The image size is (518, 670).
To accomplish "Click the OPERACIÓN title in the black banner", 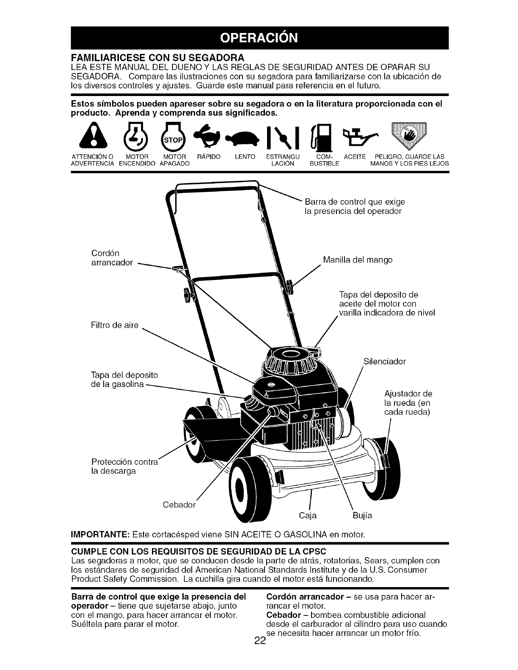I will tap(259, 38).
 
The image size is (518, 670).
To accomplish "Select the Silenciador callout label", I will tap(385, 362).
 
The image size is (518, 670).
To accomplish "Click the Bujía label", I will tap(363, 516).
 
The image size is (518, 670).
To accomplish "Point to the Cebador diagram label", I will tap(179, 505).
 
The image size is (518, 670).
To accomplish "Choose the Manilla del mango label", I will tap(358, 260).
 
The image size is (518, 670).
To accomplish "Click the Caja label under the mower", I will tap(308, 516).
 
